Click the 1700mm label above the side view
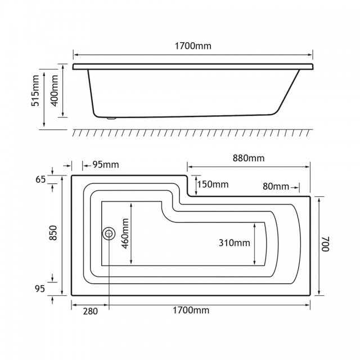[x=193, y=46]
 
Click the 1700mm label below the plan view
[x=191, y=310]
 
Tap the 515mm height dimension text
[x=35, y=91]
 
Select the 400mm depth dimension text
[x=55, y=91]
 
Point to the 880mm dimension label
[x=249, y=158]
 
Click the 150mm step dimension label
[x=213, y=184]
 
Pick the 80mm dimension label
[x=276, y=186]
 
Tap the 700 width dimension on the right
[x=325, y=244]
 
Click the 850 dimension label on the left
[x=53, y=233]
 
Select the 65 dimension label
[x=40, y=179]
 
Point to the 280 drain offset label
[x=90, y=311]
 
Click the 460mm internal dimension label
[x=125, y=233]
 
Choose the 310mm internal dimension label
[x=235, y=242]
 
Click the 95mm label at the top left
[x=106, y=165]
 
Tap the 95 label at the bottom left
[x=40, y=289]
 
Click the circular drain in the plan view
[x=109, y=233]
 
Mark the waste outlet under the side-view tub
[x=112, y=118]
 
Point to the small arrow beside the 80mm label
[x=295, y=188]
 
